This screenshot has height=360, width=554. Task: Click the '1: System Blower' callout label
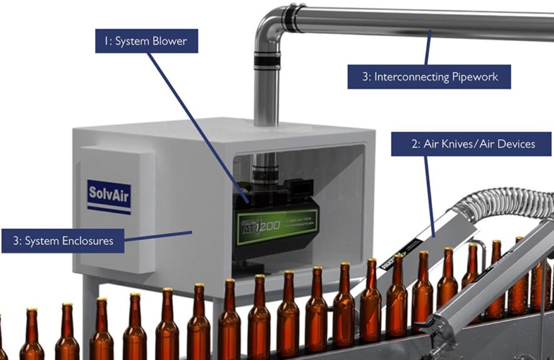(x=146, y=41)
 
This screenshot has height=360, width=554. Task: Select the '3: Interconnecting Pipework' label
(x=429, y=76)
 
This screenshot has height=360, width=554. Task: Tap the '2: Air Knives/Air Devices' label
(x=473, y=144)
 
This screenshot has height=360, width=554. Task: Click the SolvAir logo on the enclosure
(x=109, y=197)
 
